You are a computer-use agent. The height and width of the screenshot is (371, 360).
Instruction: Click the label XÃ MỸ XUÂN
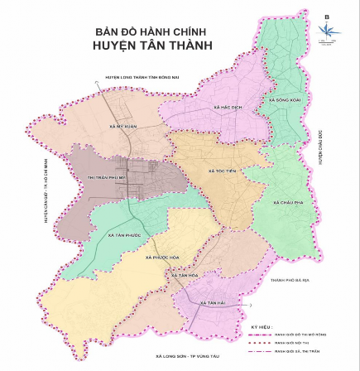[123, 127]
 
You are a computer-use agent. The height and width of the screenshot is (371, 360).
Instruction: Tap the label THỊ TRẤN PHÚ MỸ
[106, 177]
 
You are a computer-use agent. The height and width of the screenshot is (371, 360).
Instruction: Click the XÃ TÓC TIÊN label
[222, 171]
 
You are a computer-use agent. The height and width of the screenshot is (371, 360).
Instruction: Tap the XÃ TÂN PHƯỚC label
[124, 235]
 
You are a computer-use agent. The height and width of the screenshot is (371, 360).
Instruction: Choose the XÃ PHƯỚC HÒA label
[162, 258]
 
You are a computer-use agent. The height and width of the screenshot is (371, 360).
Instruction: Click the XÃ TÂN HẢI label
[212, 303]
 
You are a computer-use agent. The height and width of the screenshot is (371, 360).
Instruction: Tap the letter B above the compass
[327, 17]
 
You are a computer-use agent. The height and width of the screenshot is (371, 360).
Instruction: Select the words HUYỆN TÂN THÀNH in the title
[152, 45]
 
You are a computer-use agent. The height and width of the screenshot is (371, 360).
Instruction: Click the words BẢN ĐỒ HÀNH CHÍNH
[152, 31]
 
